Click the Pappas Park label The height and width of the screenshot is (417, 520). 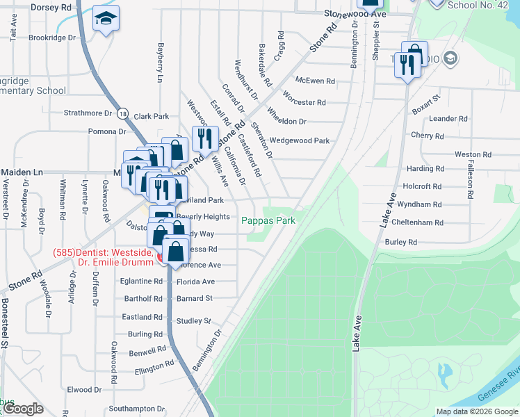click(268, 220)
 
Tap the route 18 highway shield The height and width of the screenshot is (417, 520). click(122, 113)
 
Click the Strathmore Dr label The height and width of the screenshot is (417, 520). click(88, 113)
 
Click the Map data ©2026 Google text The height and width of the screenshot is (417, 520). click(476, 411)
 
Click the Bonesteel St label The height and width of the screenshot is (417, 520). click(5, 323)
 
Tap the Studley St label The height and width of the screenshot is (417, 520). click(193, 321)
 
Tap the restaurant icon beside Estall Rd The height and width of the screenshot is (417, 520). click(204, 138)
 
